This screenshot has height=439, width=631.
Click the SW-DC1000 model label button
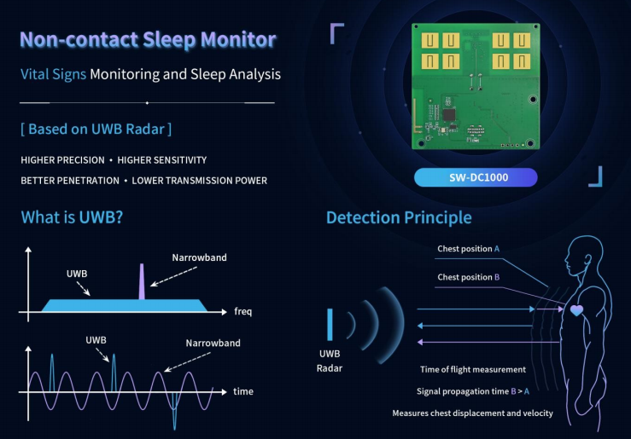click(476, 177)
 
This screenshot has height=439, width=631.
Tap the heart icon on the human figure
click(576, 310)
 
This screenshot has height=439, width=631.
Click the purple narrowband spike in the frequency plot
click(142, 281)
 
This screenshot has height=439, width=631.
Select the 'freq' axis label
click(243, 311)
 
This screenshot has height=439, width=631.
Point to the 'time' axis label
click(243, 391)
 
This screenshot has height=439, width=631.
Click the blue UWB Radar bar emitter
click(330, 325)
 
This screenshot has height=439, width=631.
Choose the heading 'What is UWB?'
click(72, 217)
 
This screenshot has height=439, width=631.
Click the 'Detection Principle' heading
click(399, 217)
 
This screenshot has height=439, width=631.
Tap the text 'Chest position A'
click(469, 249)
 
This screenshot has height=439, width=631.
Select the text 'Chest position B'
click(469, 277)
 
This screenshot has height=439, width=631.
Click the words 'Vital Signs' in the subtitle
click(53, 74)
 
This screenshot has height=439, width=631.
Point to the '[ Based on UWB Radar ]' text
click(96, 129)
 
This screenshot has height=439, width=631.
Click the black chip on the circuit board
click(449, 114)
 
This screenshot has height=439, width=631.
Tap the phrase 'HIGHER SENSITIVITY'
click(161, 160)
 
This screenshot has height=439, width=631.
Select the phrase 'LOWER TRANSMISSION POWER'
click(200, 181)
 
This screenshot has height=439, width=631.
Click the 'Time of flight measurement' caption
click(473, 369)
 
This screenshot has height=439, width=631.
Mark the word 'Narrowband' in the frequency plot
click(199, 257)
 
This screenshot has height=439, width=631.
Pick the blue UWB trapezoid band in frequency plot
click(125, 305)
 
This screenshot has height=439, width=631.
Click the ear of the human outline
click(588, 258)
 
